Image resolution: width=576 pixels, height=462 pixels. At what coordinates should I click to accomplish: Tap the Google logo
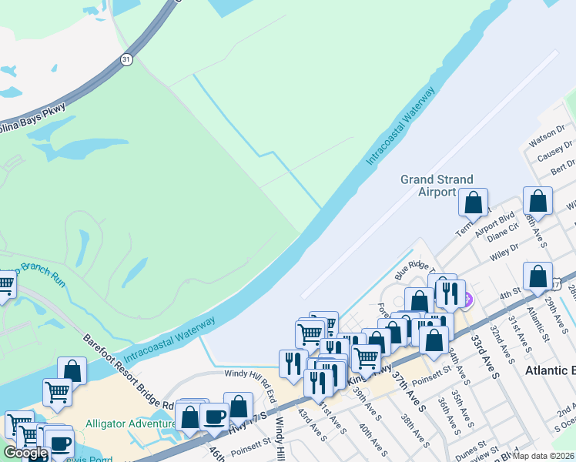(25, 453)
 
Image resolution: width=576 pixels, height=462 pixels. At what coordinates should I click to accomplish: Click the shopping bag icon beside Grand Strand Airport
(474, 203)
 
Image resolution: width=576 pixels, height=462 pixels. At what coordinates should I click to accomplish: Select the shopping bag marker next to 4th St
(537, 277)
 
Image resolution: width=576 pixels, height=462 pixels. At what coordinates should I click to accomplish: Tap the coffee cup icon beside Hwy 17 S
(214, 417)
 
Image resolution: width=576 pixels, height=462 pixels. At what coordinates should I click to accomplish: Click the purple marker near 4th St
(466, 298)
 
